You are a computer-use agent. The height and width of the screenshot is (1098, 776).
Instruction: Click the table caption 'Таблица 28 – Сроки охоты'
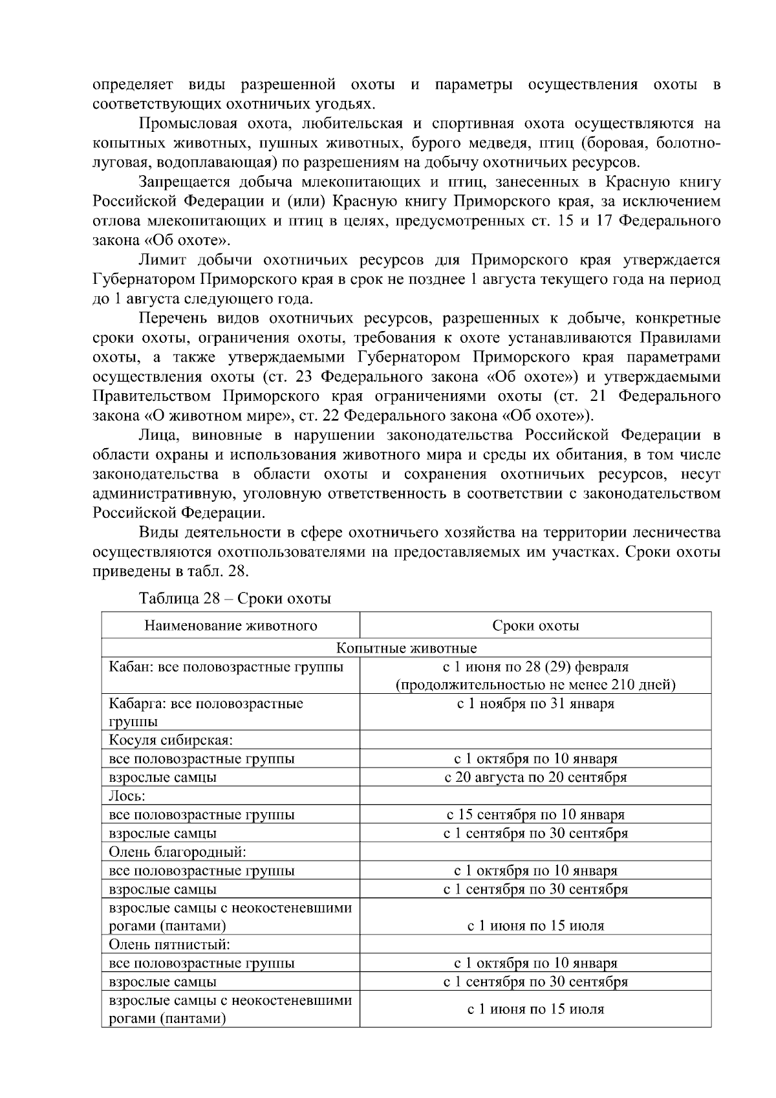[235, 598]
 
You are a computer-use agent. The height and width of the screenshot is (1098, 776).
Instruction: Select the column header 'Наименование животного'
[230, 625]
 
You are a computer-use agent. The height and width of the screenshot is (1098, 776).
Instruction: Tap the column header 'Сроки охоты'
[535, 625]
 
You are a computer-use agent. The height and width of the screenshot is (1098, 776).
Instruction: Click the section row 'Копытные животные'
[406, 648]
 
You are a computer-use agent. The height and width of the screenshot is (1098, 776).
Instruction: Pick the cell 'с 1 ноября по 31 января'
[535, 704]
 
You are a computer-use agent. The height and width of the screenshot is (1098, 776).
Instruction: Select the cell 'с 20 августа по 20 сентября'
[535, 777]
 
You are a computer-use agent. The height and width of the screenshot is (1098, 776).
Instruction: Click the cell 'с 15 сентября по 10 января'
[535, 815]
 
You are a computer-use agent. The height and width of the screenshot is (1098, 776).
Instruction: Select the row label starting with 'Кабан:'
[226, 667]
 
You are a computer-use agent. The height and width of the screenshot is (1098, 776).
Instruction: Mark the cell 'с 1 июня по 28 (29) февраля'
[535, 667]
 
